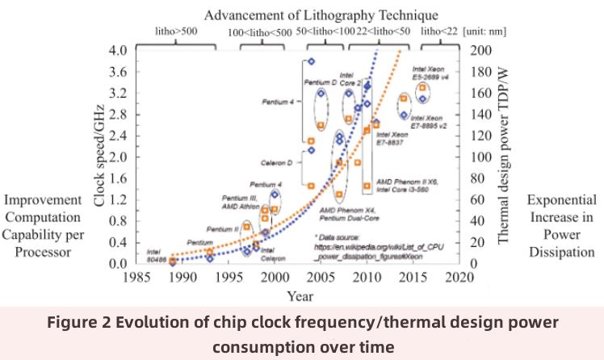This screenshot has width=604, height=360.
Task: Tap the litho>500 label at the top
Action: pos(177,31)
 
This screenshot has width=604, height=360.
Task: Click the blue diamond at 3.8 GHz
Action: pos(311,61)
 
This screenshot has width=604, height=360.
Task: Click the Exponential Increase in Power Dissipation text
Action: pos(562,225)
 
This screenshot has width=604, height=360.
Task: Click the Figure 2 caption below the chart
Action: pos(301,334)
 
